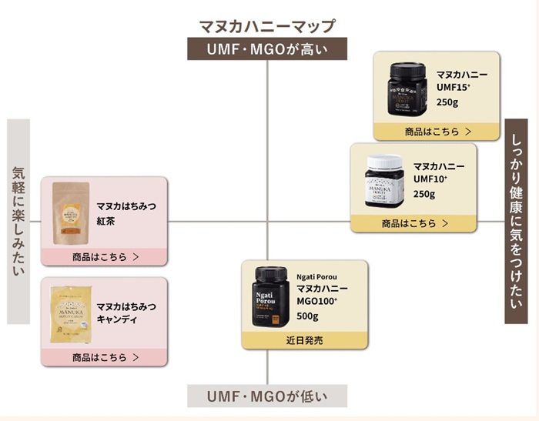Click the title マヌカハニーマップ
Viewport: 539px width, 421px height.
click(267, 26)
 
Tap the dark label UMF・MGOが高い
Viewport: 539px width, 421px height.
click(267, 50)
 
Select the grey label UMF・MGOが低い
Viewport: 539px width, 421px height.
click(267, 397)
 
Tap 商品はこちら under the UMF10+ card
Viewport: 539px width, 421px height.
click(413, 224)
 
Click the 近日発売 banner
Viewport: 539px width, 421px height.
click(305, 339)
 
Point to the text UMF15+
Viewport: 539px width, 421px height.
click(455, 89)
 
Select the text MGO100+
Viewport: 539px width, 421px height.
click(317, 301)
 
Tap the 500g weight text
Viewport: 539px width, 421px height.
click(307, 316)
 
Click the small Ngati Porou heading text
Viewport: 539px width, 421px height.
click(317, 276)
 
